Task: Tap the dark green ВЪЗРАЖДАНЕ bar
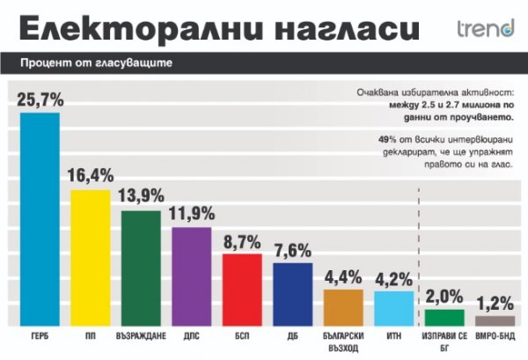point(141,268)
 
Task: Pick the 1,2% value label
point(495,303)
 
